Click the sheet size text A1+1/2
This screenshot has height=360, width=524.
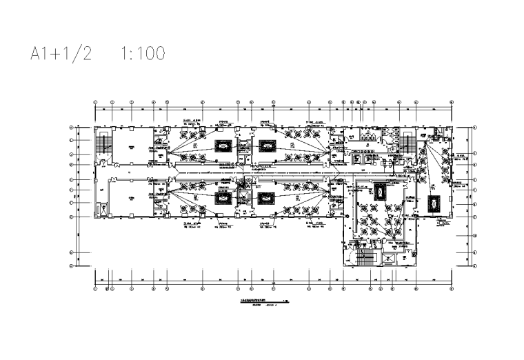(x=61, y=54)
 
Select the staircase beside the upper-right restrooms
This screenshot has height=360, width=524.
(x=406, y=143)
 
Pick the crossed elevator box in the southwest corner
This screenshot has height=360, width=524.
(x=101, y=209)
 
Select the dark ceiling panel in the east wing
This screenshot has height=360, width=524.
(x=435, y=203)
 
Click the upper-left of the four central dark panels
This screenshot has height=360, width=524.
(x=225, y=146)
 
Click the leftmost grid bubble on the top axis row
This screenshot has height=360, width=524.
(x=95, y=103)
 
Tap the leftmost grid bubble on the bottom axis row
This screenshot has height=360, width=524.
(x=95, y=288)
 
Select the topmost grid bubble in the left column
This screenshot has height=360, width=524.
(x=72, y=128)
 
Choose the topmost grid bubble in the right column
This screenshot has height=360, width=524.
(x=476, y=128)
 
